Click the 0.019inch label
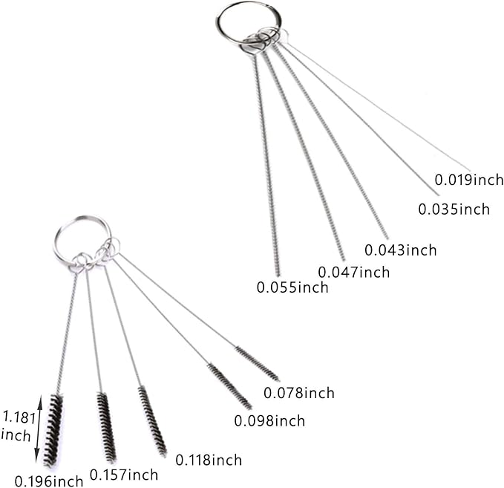[x=469, y=180]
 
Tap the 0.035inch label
[x=454, y=209]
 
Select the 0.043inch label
[x=401, y=250]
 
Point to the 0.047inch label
[x=354, y=272]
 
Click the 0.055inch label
[x=292, y=287]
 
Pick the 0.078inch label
[x=299, y=393]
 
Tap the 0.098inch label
[x=269, y=420]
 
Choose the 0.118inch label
[x=209, y=460]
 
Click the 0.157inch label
[x=124, y=475]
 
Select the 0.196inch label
[x=49, y=481]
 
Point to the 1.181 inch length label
[x=18, y=426]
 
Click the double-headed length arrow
[x=39, y=429]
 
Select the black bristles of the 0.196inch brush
[x=53, y=430]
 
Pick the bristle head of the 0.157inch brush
[x=106, y=427]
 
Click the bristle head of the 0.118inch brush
[x=152, y=421]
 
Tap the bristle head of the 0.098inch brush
[x=229, y=386]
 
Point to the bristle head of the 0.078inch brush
[x=257, y=363]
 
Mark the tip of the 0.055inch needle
[x=278, y=276]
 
